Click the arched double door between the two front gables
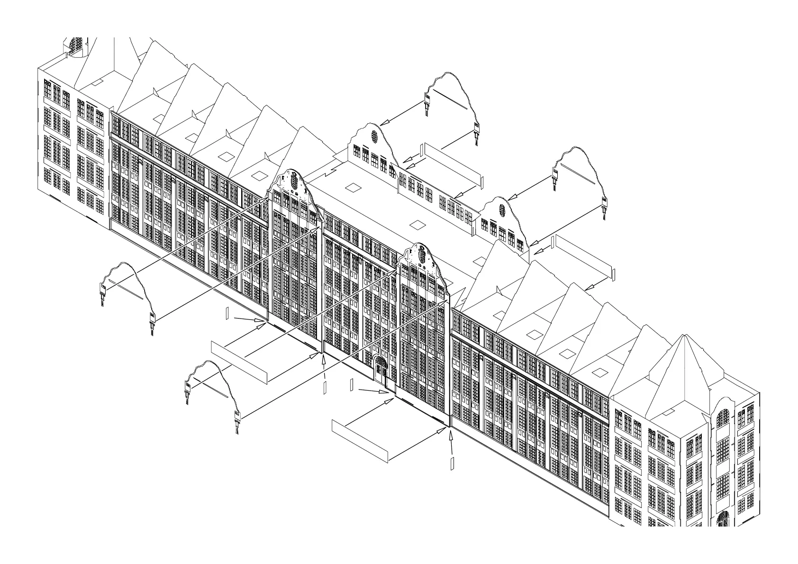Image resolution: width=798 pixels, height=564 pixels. [x=381, y=369]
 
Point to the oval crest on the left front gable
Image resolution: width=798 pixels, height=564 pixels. [x=294, y=181]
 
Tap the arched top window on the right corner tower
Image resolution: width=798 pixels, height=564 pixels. [x=723, y=418]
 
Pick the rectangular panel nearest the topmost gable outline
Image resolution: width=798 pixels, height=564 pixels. [x=453, y=161]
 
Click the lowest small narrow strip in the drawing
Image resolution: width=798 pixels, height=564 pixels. [x=452, y=463]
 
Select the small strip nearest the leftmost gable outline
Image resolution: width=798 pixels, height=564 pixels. [x=227, y=313]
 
